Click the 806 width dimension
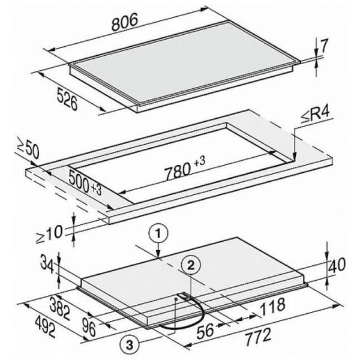(x=125, y=22)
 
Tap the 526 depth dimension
(x=67, y=98)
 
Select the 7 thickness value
(x=323, y=46)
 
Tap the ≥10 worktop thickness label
(x=49, y=233)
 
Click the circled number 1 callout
(x=158, y=233)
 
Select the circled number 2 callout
(x=191, y=265)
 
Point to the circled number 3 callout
(x=130, y=344)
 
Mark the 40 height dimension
(x=337, y=265)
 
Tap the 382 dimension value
(x=60, y=308)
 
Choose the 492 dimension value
(x=45, y=327)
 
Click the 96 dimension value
(x=89, y=329)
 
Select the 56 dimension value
(x=205, y=331)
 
